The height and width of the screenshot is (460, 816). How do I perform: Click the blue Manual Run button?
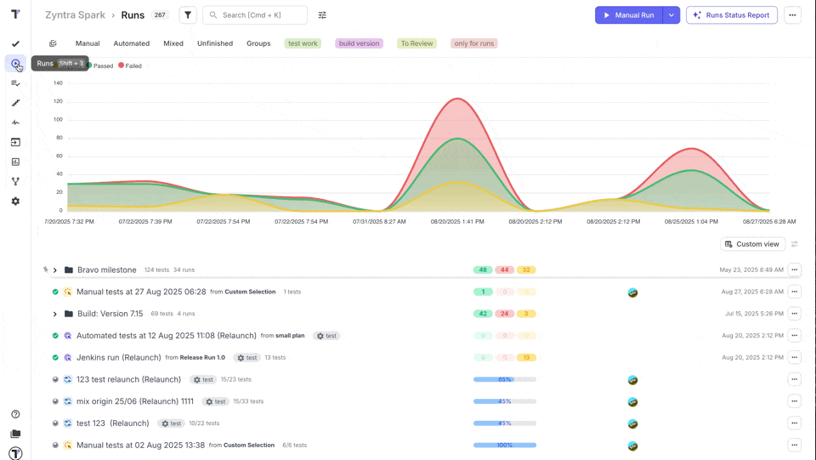pos(629,15)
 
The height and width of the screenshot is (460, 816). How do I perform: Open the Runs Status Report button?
pos(731,15)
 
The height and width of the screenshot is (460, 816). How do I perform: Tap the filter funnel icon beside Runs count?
pos(188,15)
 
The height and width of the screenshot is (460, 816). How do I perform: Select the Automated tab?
pos(132,43)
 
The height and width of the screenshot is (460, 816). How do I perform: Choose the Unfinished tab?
pos(215,43)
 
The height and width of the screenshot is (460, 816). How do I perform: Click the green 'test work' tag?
pos(303,43)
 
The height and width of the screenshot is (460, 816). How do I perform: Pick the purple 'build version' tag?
pos(359,43)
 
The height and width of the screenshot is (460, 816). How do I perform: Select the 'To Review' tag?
pos(416,43)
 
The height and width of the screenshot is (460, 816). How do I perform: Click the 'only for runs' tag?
pos(474,43)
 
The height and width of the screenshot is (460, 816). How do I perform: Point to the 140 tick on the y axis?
pos(58,83)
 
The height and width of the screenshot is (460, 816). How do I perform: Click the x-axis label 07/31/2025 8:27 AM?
pos(379,221)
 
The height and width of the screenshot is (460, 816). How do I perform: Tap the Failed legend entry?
pos(130,65)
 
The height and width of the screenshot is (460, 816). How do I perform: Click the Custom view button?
pos(751,244)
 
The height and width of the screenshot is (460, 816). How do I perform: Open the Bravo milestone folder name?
pos(106,270)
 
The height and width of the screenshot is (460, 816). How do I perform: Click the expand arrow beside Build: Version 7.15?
pos(55,314)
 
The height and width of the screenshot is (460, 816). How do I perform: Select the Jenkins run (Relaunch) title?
pos(118,358)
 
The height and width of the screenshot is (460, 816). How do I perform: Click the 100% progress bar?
pos(504,445)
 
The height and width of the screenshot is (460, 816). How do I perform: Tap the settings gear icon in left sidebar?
pos(15,202)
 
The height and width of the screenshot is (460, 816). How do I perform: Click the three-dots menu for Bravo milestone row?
pos(794,270)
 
